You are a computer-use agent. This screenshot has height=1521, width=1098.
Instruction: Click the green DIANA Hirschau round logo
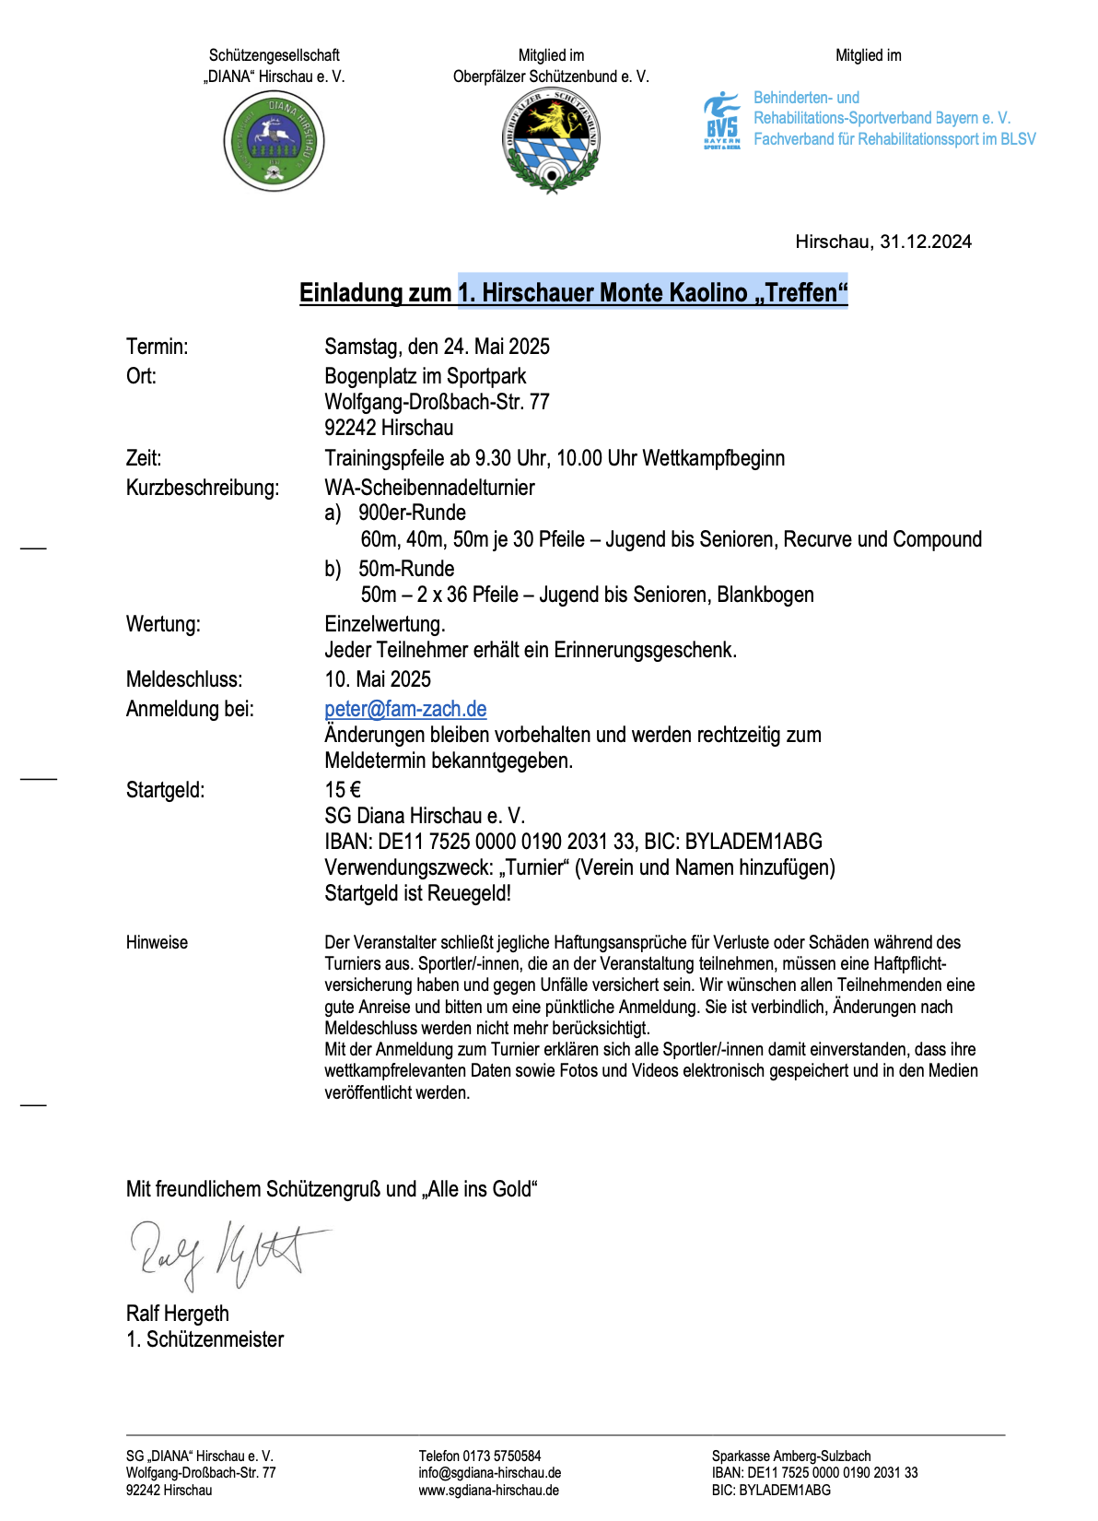(x=274, y=142)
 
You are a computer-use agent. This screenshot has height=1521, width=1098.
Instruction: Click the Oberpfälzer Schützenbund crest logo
(x=551, y=141)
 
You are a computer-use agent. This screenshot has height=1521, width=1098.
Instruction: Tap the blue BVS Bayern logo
(x=721, y=120)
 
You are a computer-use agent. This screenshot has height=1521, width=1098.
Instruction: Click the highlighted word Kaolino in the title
(x=708, y=293)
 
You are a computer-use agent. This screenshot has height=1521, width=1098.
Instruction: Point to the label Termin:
(x=157, y=347)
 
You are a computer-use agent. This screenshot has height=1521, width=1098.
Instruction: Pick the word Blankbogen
(x=765, y=595)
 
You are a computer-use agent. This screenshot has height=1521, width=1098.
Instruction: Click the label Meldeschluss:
(x=184, y=679)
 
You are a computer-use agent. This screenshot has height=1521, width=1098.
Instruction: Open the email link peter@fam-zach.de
(x=405, y=709)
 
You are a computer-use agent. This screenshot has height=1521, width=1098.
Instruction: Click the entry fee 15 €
(x=343, y=790)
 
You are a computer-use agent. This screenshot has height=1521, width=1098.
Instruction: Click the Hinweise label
(x=157, y=942)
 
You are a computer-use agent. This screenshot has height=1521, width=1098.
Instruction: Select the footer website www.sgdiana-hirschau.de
(x=488, y=1490)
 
